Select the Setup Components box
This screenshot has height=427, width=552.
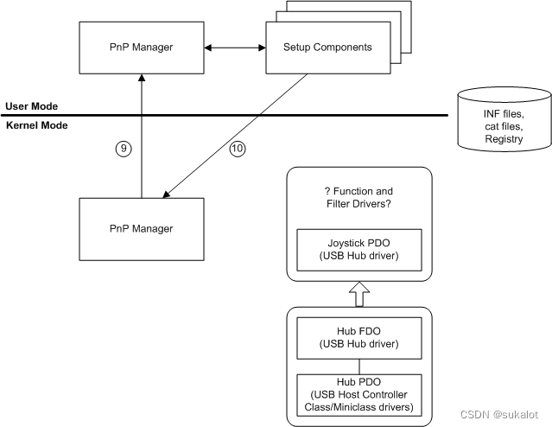[x=327, y=47]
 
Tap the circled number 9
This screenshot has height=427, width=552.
[x=124, y=149]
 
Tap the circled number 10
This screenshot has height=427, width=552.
[x=237, y=149]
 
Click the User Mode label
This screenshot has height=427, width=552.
[x=32, y=106]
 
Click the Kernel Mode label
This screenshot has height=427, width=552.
[x=36, y=125]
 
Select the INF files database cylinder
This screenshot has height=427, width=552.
[x=503, y=121]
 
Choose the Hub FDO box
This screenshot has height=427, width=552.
[x=359, y=338]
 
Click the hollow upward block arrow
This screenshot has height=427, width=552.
[x=359, y=294]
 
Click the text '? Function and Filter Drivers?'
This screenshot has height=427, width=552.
[x=359, y=197]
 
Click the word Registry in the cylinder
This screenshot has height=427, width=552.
[x=503, y=138]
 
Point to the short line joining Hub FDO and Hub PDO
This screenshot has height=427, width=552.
[x=359, y=364]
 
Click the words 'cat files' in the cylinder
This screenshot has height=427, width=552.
[x=503, y=126]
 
